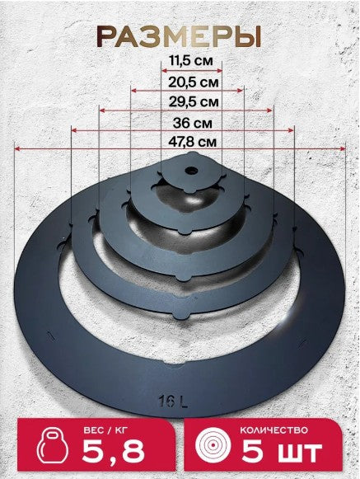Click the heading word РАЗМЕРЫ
179,36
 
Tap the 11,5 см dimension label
191,61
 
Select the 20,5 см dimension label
194,82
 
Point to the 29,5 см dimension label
194,101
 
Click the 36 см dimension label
193,123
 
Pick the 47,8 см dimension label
193,142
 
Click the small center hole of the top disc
191,170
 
